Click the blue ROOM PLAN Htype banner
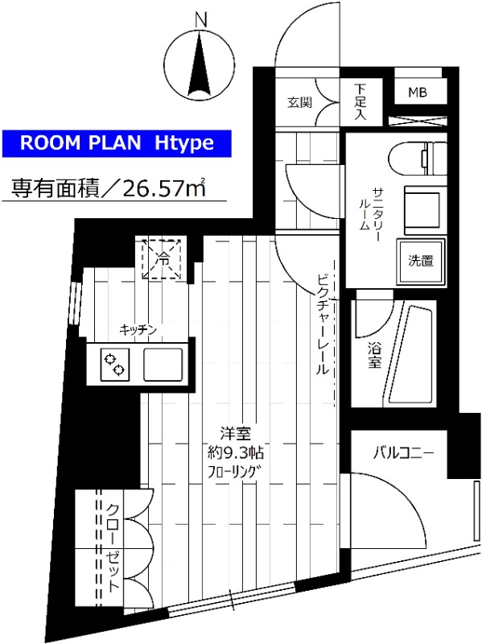point(117,143)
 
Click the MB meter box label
point(416,93)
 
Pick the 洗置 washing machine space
point(420,260)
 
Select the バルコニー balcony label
point(402,453)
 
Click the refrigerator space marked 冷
point(163,258)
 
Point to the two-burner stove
point(114,364)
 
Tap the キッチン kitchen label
point(137,328)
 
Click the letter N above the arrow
point(201,19)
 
